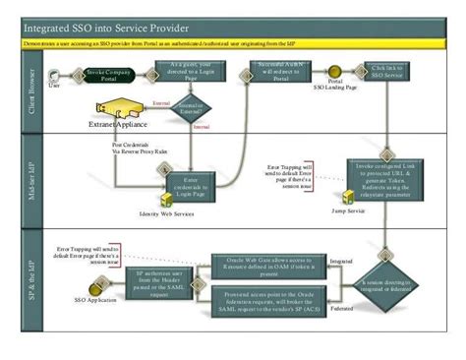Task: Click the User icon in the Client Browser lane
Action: click(56, 75)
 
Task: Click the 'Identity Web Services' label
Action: click(166, 212)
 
